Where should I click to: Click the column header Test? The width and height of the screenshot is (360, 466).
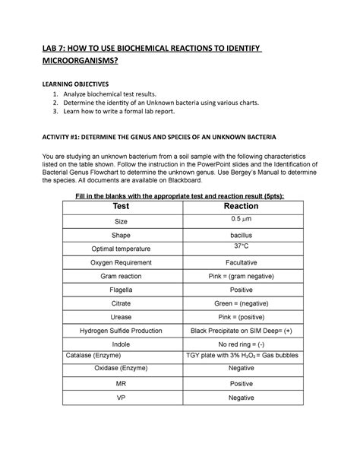point(120,206)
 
